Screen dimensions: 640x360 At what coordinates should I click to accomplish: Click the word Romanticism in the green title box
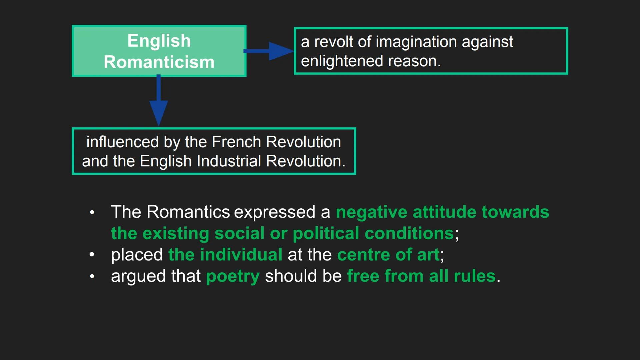(x=159, y=62)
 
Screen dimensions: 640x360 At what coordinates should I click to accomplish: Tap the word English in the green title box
(x=159, y=41)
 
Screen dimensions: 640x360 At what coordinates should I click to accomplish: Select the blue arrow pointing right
(x=269, y=51)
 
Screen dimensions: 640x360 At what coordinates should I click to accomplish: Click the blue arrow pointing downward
(x=159, y=100)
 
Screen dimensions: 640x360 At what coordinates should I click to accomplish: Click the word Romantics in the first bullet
(x=188, y=212)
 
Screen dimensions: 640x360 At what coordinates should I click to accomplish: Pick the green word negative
(x=372, y=213)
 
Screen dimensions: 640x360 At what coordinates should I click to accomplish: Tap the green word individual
(x=241, y=255)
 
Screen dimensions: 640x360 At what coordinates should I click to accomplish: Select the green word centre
(x=364, y=255)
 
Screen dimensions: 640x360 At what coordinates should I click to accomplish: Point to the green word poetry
(x=233, y=277)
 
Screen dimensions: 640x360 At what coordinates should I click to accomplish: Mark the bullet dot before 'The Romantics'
(x=92, y=212)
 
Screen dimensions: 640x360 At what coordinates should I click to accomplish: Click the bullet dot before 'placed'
(x=92, y=255)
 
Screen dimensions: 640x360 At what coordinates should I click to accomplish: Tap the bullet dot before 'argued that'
(x=92, y=276)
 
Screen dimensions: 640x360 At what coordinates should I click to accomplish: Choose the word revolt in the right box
(x=333, y=42)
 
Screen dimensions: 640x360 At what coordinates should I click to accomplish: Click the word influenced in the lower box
(x=122, y=142)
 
